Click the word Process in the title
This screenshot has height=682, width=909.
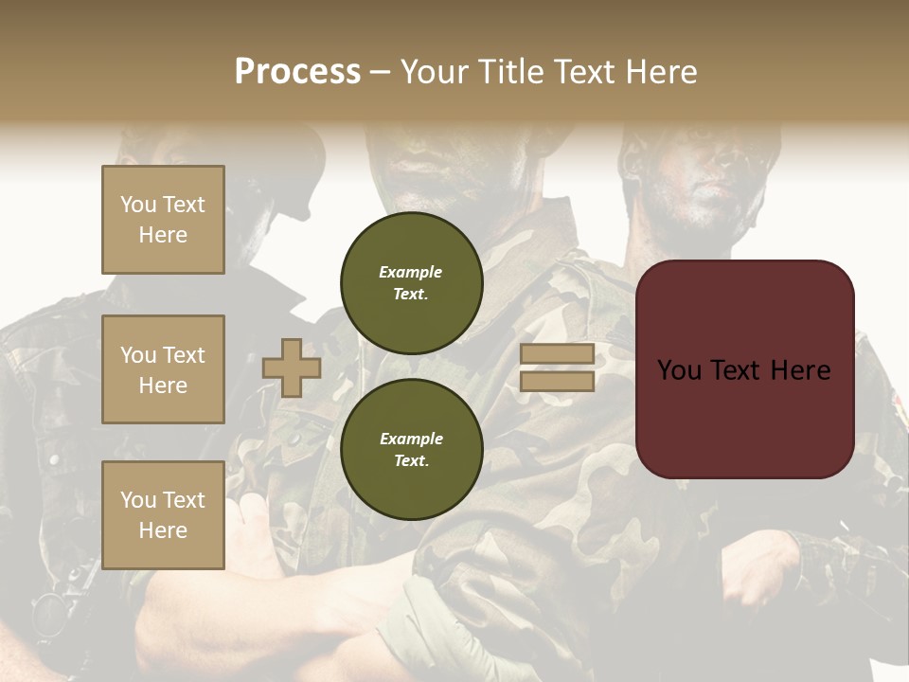tap(297, 72)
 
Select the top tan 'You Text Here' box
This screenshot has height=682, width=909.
tap(163, 220)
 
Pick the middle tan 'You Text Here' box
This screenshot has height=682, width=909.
tap(163, 369)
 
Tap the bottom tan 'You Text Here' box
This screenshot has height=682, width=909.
tap(163, 515)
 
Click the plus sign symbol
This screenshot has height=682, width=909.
tap(292, 368)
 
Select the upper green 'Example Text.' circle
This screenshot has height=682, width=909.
tap(411, 283)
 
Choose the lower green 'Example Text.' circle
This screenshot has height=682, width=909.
tap(411, 450)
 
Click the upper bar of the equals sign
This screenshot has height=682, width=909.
tap(557, 354)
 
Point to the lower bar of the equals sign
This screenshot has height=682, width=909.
tap(557, 381)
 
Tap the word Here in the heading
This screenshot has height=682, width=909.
tap(663, 72)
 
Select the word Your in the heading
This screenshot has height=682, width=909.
tap(437, 72)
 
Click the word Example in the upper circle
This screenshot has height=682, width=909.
tap(411, 273)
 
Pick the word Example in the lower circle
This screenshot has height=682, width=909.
tap(411, 440)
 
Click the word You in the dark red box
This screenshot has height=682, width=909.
tap(680, 370)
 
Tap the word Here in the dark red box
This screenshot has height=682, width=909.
tap(800, 370)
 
